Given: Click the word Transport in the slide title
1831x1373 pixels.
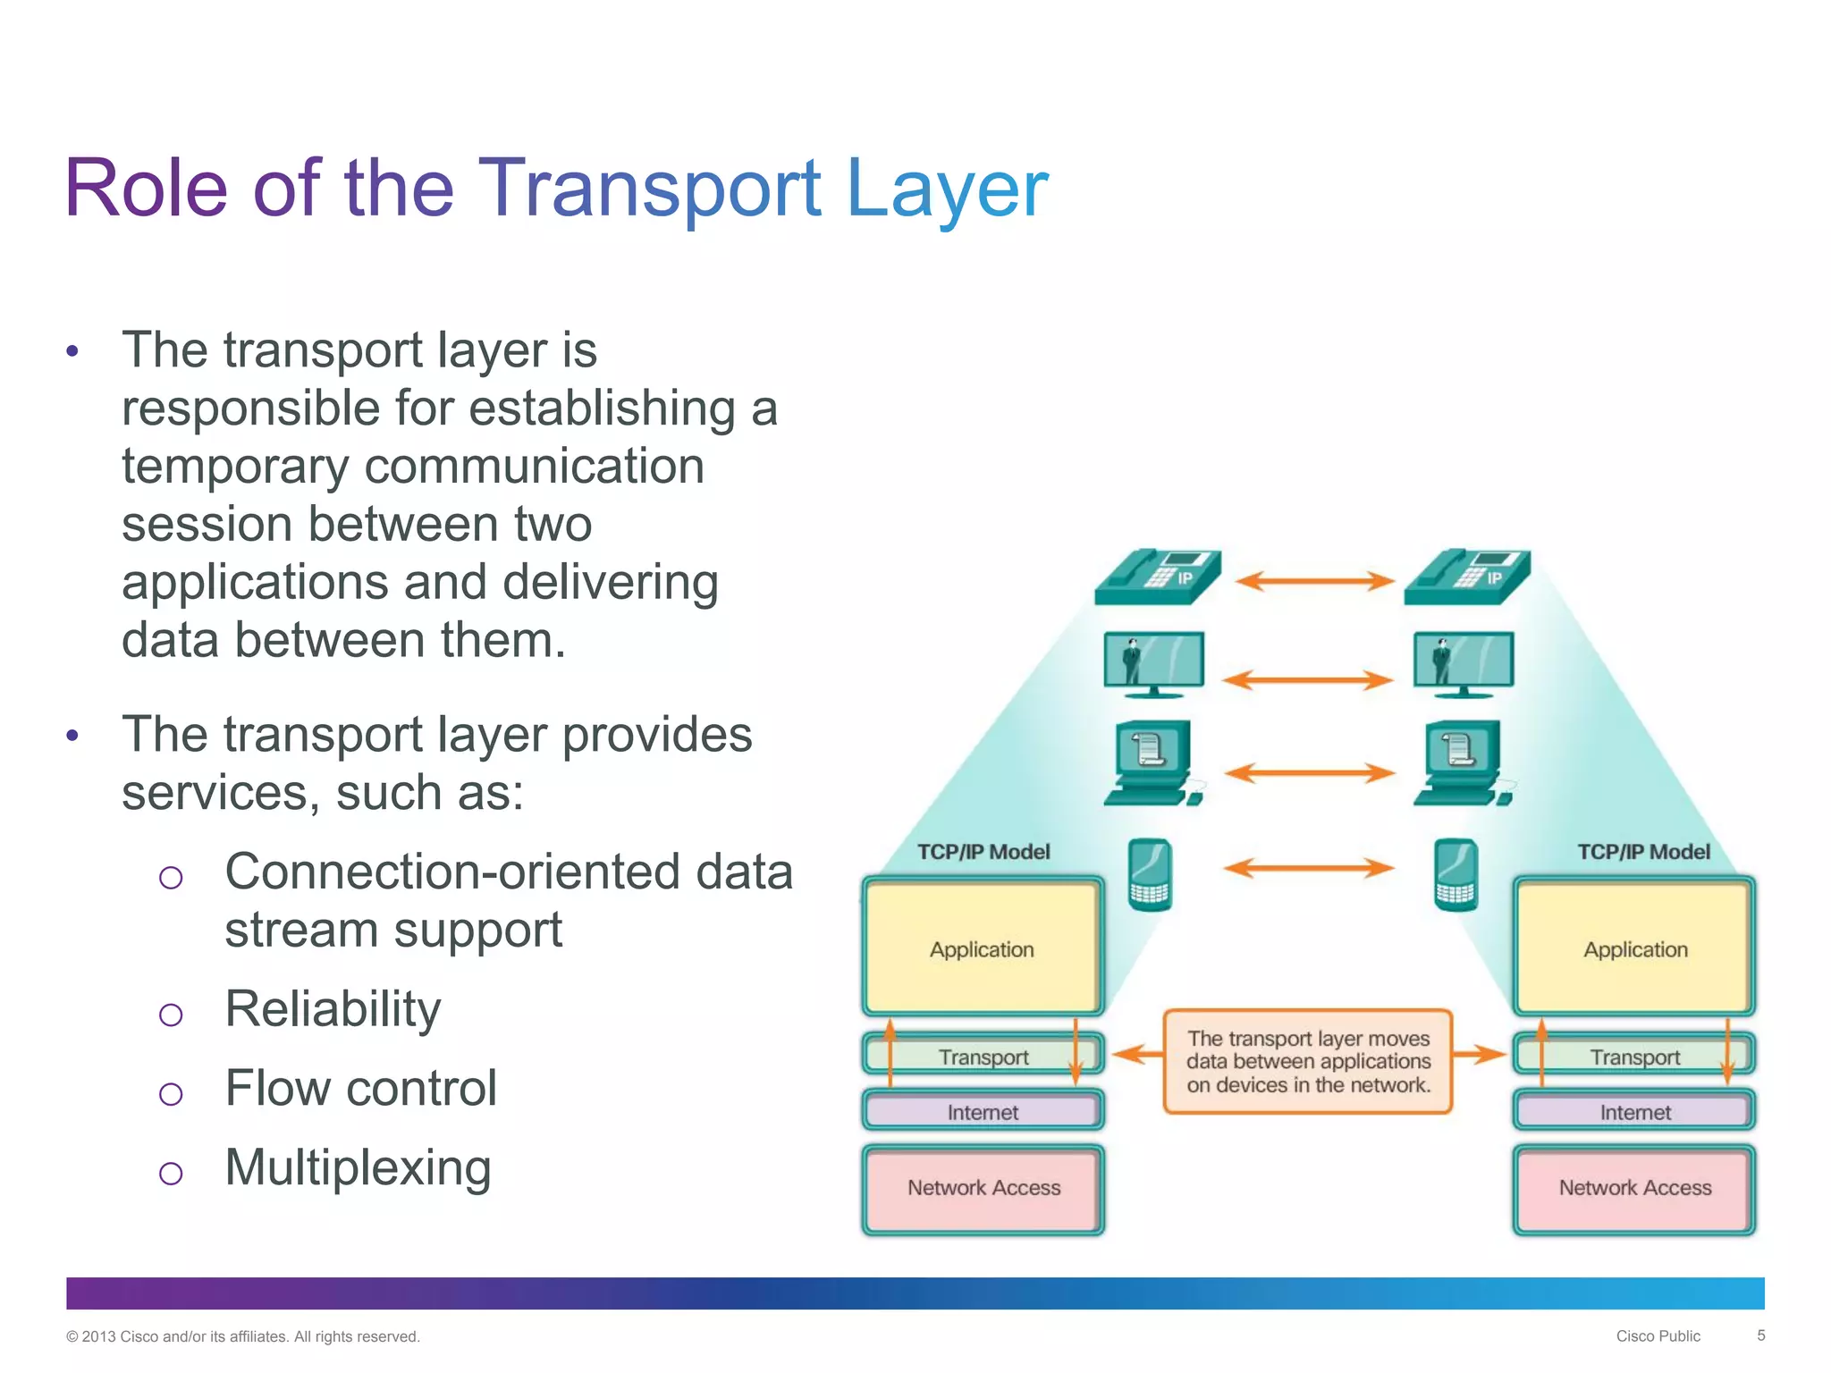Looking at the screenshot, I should click(650, 190).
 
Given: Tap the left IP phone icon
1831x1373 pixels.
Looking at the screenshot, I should click(1157, 577).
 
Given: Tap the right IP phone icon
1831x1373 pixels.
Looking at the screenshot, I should click(1466, 577).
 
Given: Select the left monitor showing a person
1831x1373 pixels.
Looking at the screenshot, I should click(1153, 664).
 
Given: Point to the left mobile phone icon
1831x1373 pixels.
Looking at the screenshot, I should click(1150, 874).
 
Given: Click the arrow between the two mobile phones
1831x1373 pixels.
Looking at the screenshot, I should click(1308, 867).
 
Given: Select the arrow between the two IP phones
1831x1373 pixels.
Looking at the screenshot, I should click(1314, 581).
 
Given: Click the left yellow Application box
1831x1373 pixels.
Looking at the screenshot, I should click(983, 948).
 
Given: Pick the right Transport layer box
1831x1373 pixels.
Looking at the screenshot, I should click(1634, 1057).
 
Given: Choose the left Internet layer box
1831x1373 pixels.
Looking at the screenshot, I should click(983, 1112).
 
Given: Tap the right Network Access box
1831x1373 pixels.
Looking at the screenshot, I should click(1634, 1188).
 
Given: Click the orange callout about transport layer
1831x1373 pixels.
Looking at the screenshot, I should click(1308, 1062).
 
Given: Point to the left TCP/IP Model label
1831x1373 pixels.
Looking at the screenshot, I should click(983, 852).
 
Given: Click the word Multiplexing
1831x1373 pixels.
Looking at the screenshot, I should click(358, 1167).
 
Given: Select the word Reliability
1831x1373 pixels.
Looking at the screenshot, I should click(333, 1009).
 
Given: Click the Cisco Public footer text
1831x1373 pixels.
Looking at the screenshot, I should click(1658, 1336).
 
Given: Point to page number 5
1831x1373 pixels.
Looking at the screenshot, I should click(1760, 1335).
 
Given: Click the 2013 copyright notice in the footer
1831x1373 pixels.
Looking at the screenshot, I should click(242, 1336).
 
